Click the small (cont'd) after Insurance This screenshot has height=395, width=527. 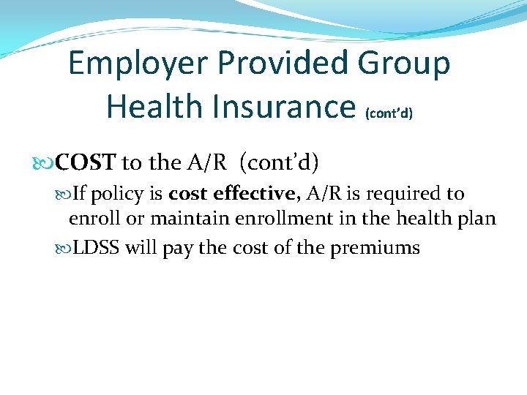coord(388,113)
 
